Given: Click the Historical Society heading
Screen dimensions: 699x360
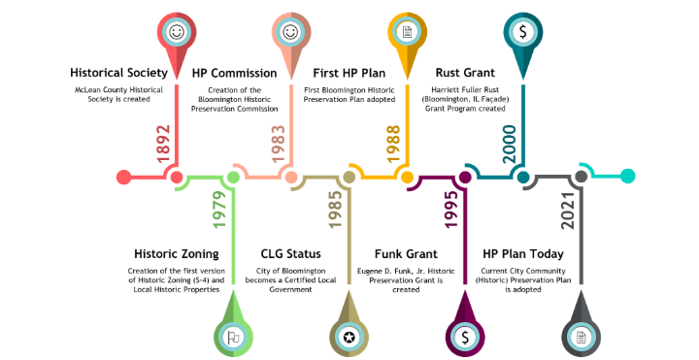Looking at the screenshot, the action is [119, 73].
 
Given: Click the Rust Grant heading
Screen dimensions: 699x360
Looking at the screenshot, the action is [465, 73].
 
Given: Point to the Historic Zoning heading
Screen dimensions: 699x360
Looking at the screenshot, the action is [176, 254].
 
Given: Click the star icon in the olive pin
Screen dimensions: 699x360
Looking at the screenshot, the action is [349, 337].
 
